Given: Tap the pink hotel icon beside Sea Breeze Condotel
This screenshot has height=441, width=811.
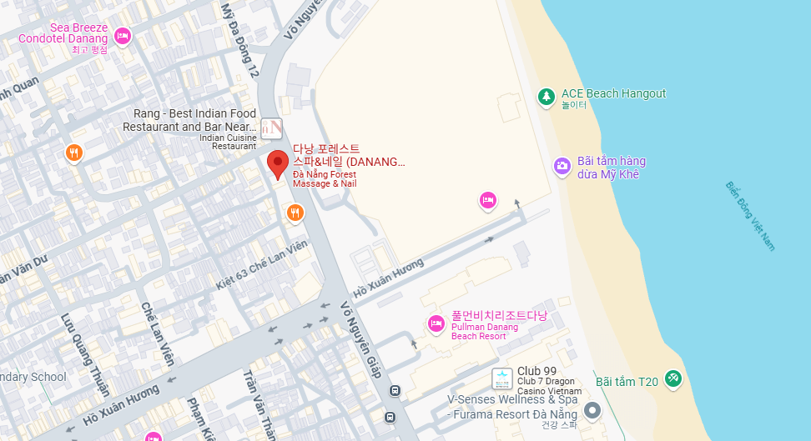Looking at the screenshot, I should [123, 36].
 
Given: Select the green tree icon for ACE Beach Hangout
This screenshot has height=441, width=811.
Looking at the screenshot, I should [547, 97].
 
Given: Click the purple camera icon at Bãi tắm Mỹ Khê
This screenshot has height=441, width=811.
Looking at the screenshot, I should [563, 165].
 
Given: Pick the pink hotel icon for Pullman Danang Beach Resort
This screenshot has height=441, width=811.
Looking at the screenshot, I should [435, 323].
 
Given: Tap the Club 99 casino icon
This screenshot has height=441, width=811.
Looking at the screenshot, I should [502, 378].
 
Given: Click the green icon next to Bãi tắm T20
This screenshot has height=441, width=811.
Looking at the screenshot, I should [673, 379].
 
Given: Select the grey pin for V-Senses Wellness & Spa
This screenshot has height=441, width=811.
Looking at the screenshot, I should [592, 410].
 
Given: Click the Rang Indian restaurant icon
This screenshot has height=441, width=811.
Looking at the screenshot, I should [271, 128].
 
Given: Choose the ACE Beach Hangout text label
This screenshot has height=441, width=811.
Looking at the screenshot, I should [614, 93].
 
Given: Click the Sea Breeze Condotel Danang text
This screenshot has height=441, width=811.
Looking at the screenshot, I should [63, 33].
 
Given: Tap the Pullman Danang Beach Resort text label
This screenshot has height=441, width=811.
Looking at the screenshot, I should [484, 331].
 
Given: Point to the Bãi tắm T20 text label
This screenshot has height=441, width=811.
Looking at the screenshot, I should [627, 382].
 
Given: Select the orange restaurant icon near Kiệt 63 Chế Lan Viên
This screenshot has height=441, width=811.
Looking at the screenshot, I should [295, 213].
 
